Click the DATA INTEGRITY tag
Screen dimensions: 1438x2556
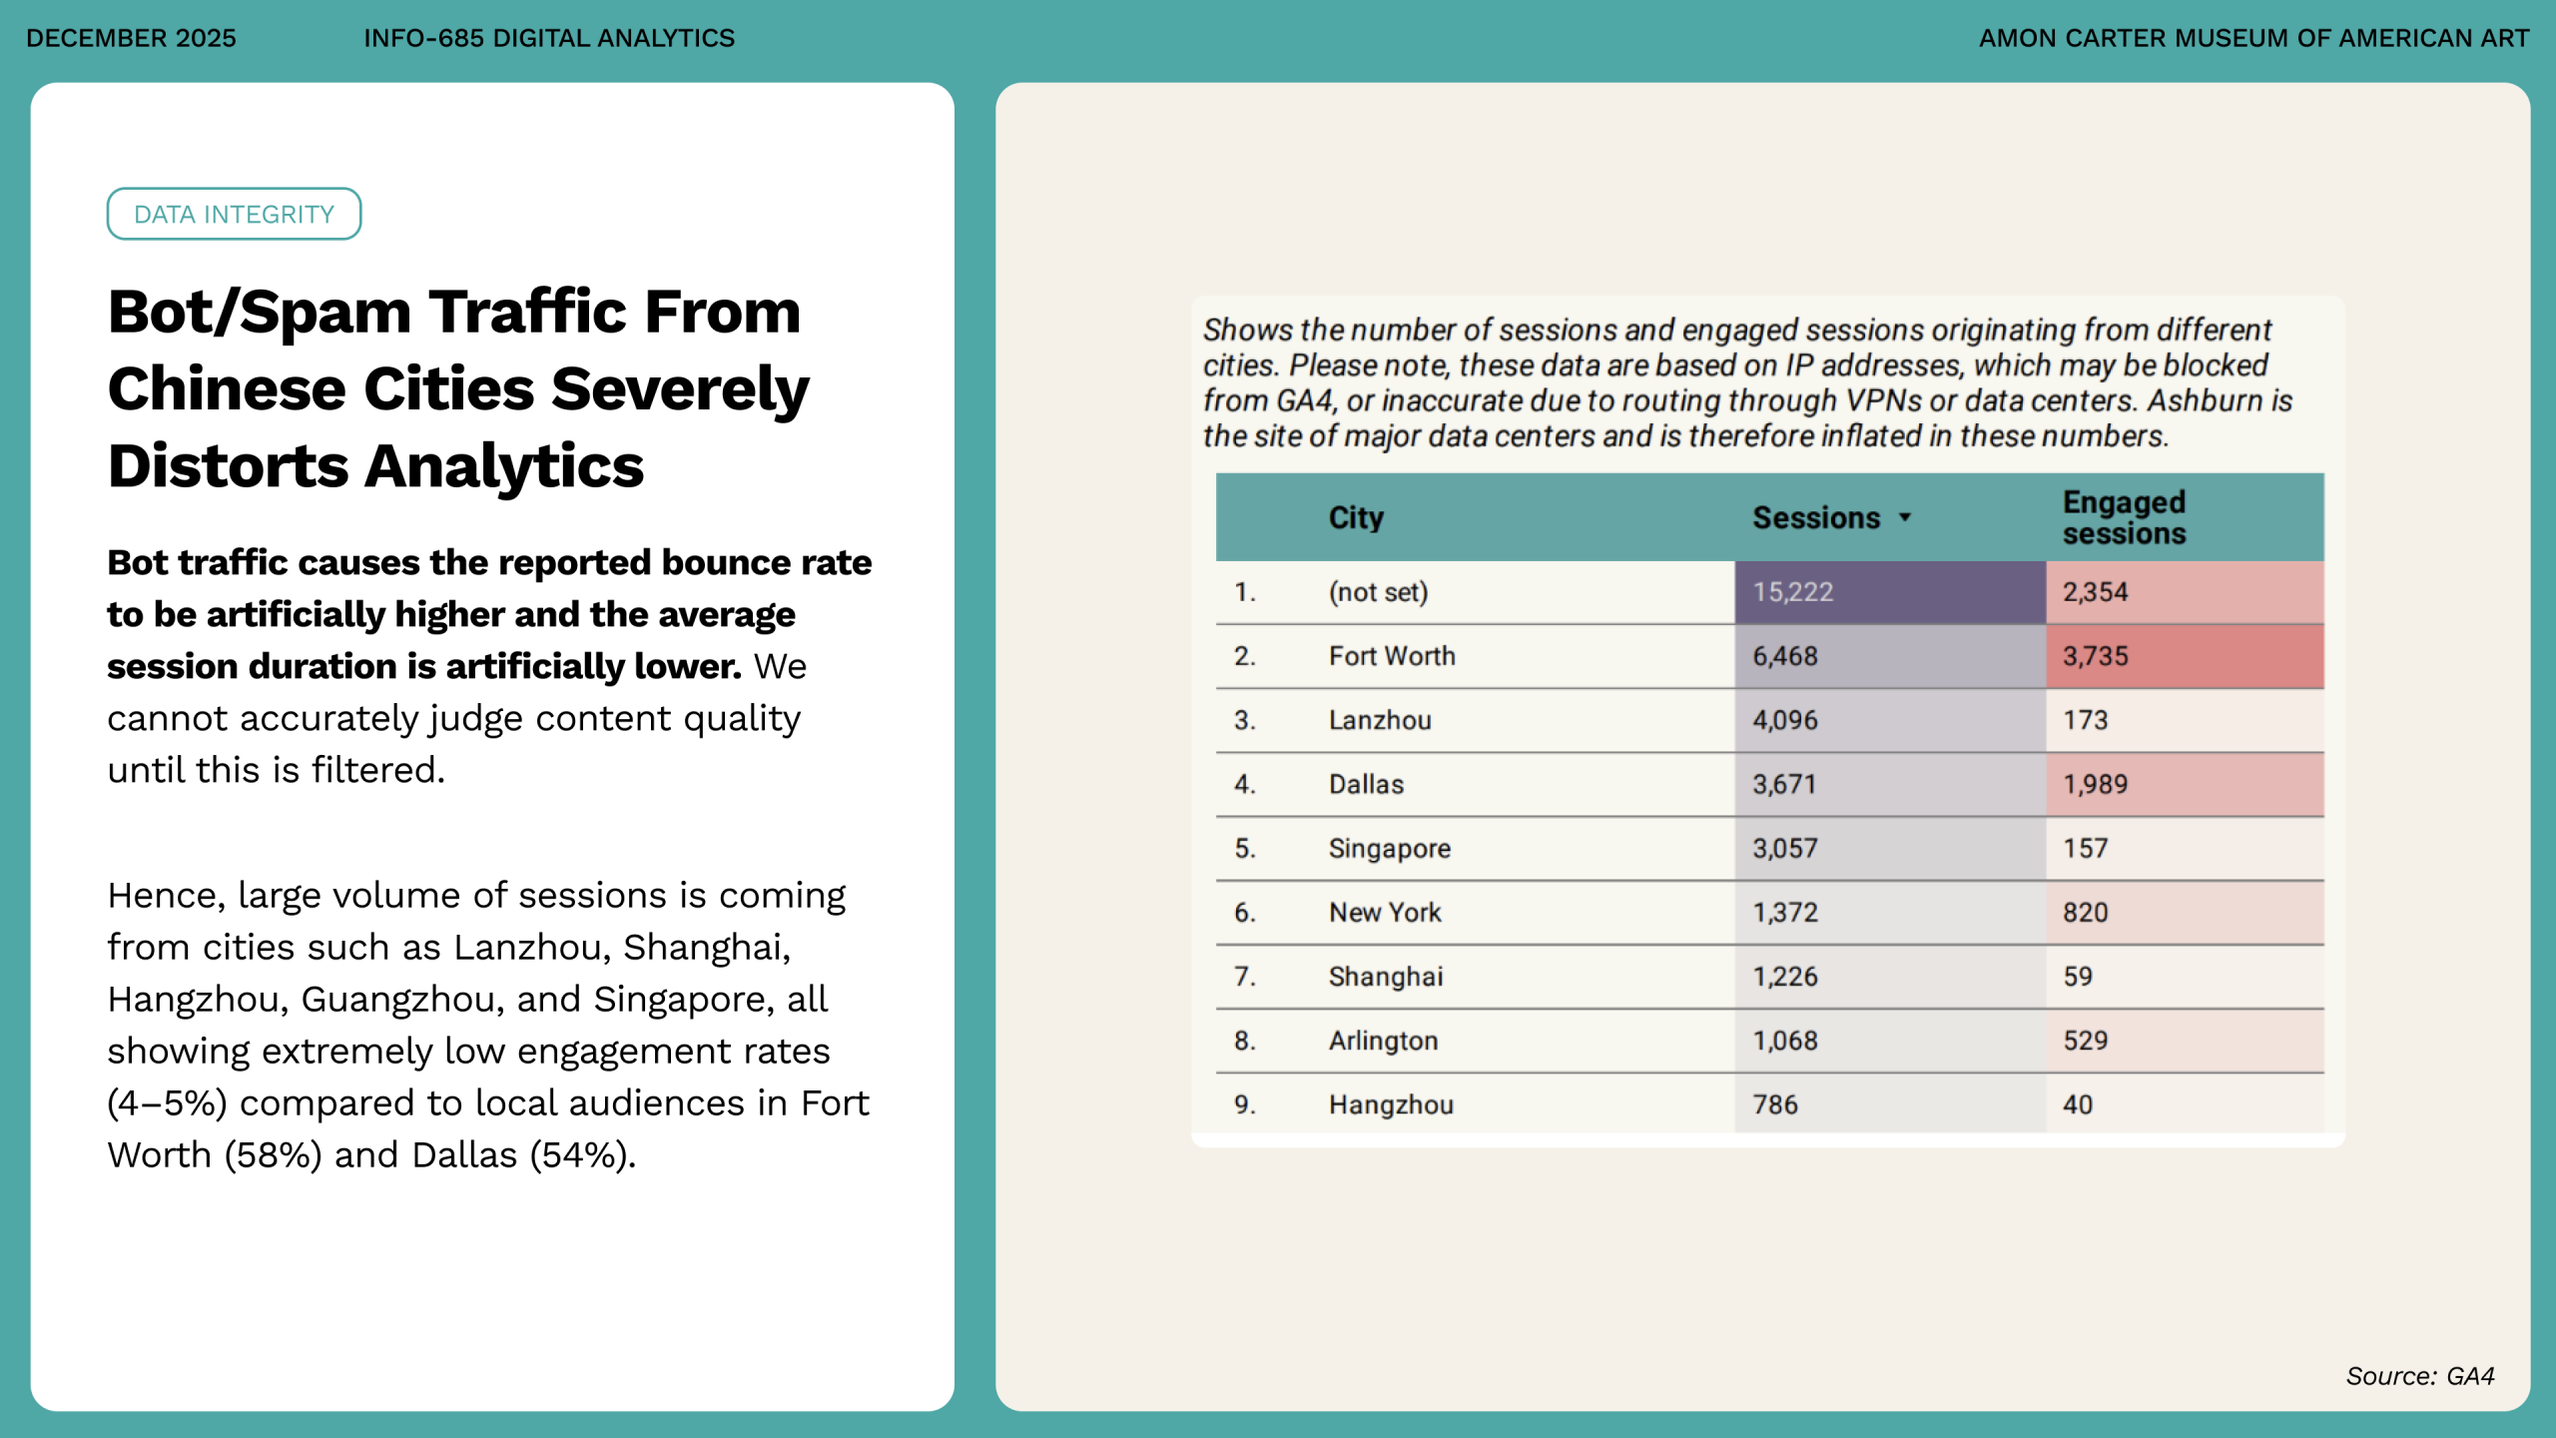tap(234, 214)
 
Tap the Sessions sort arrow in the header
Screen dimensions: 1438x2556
tap(1905, 516)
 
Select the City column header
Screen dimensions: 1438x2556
tap(1356, 517)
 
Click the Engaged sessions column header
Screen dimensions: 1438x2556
tap(2124, 517)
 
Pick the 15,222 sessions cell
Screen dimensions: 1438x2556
tap(1792, 592)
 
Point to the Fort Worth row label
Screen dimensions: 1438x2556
tap(1392, 656)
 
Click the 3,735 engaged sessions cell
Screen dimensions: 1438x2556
tap(2096, 656)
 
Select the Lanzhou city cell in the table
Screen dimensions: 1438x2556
tap(1380, 720)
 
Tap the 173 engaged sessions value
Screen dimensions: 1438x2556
tap(2086, 720)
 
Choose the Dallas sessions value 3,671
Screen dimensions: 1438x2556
tap(1784, 784)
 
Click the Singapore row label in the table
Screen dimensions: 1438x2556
tap(1389, 848)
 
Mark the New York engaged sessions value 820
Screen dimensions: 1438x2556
tap(2086, 912)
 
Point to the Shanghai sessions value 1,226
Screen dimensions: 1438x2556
tap(1785, 976)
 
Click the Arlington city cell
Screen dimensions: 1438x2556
tap(1383, 1041)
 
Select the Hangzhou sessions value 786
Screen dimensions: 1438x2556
tap(1775, 1104)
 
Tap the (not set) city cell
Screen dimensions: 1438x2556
tap(1378, 592)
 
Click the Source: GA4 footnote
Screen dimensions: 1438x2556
tap(2419, 1376)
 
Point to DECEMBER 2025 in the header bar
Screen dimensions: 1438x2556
tap(131, 38)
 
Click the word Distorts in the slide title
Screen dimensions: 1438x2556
tap(228, 466)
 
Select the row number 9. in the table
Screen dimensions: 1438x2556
tap(1244, 1104)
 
